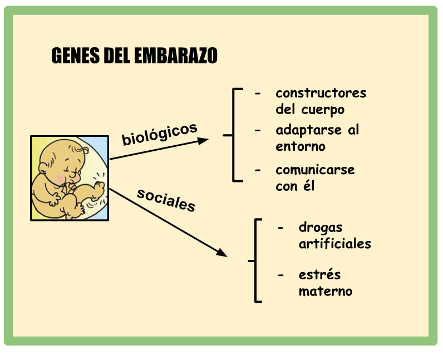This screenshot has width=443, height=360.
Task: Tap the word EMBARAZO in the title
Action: point(176,56)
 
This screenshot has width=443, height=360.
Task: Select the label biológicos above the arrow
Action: point(159,134)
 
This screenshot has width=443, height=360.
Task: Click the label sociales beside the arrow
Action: point(166,200)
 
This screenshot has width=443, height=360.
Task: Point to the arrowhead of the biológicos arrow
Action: point(203,140)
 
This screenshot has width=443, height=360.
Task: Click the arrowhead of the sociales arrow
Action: point(222,253)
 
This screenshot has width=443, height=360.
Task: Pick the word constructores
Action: point(321,93)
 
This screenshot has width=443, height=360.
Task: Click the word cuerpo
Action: point(323,110)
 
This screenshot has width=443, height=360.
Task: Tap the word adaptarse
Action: point(309,130)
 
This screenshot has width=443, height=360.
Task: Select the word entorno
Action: point(301,146)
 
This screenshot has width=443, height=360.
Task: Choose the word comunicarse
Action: point(316,170)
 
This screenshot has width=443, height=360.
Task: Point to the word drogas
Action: point(321,228)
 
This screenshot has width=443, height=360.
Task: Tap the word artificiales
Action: point(335,244)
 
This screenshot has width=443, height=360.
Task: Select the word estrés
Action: point(320,274)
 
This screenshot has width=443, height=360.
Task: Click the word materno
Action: point(326,292)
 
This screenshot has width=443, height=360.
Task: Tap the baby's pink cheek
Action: point(60,179)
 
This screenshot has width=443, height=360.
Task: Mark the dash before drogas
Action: point(280,228)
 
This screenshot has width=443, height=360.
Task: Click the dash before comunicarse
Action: point(258,170)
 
